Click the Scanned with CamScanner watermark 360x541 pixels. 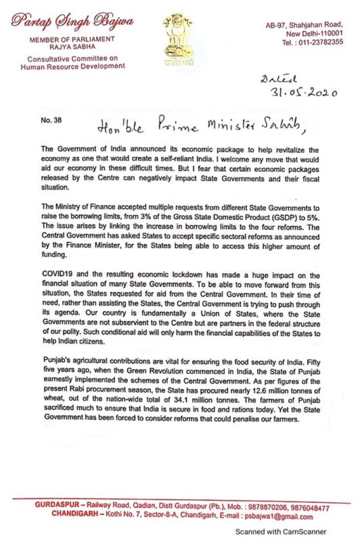(x=280, y=532)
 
